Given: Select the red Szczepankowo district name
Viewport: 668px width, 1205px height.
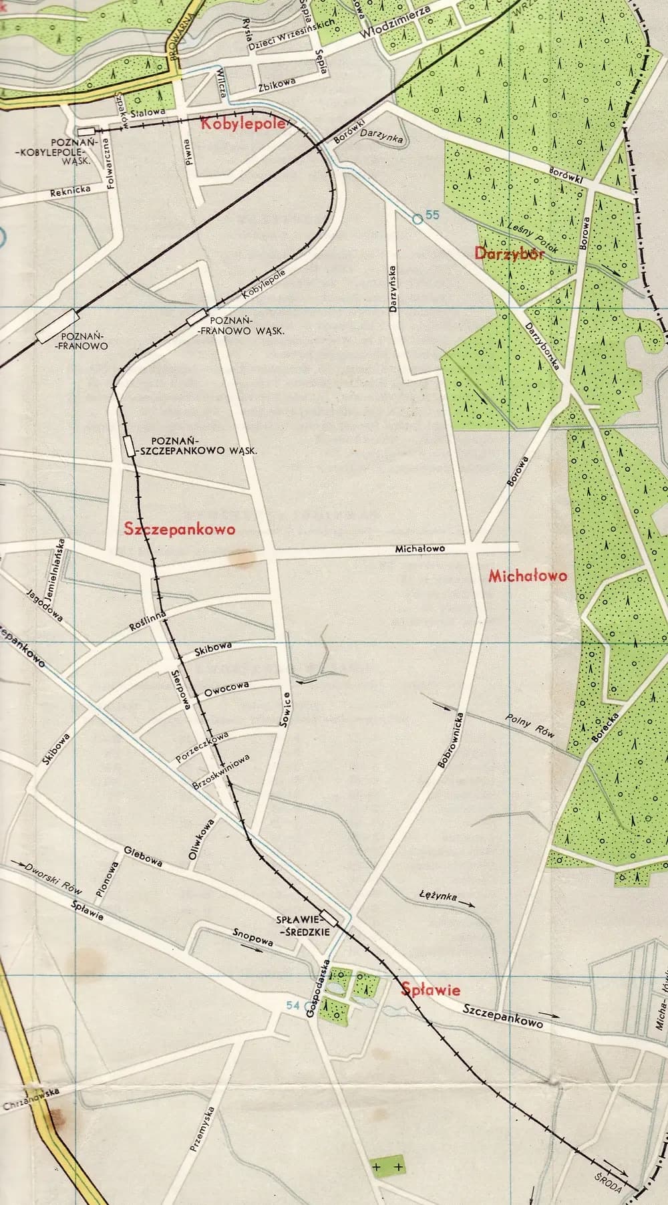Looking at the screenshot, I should pyautogui.click(x=180, y=529).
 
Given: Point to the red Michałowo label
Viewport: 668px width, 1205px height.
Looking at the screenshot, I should pyautogui.click(x=528, y=575).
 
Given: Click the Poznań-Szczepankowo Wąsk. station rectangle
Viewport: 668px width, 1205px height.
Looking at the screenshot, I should pyautogui.click(x=127, y=446).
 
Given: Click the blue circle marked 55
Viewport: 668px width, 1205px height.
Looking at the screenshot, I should pyautogui.click(x=417, y=218).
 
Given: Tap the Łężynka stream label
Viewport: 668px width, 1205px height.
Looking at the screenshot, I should pyautogui.click(x=438, y=896).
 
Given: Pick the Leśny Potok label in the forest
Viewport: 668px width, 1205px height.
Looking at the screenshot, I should pyautogui.click(x=520, y=235).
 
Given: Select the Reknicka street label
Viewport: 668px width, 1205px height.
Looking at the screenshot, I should pyautogui.click(x=70, y=192).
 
